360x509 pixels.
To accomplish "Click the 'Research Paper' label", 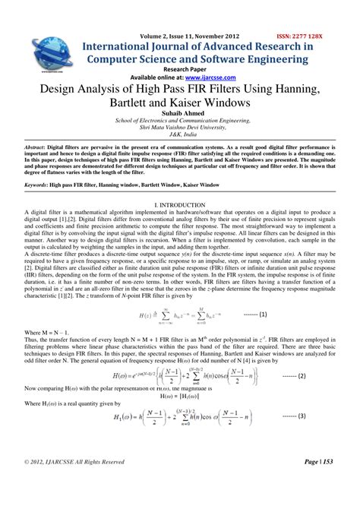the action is point(179,68).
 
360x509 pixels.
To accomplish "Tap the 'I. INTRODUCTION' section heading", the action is point(180,206).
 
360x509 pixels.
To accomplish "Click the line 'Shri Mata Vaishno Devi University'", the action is point(179,127).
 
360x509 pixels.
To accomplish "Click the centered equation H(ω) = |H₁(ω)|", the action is point(179,394).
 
